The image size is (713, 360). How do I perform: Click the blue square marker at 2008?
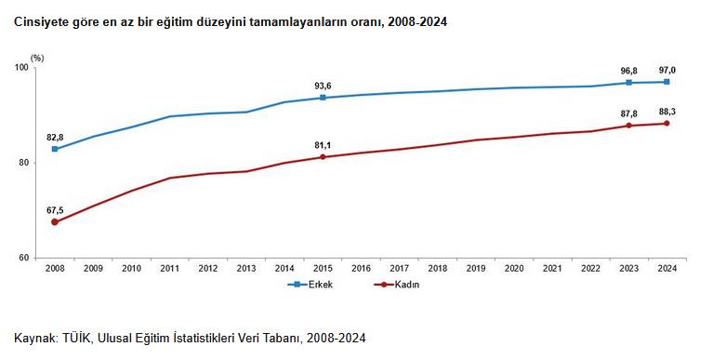[x=55, y=149]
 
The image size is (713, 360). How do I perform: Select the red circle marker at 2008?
[x=55, y=222]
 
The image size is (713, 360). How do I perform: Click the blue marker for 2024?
[x=667, y=82]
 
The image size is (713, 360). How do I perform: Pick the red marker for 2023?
[x=628, y=126]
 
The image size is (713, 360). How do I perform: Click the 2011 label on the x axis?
[x=169, y=269]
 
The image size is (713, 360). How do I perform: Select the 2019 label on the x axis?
[x=475, y=269]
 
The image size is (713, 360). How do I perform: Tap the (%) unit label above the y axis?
[x=37, y=58]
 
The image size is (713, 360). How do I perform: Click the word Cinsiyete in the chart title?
[x=41, y=20]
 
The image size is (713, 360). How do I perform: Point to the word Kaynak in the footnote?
[x=34, y=337]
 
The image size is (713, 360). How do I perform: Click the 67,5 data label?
[x=55, y=209]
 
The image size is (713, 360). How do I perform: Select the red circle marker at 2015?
[x=323, y=157]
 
